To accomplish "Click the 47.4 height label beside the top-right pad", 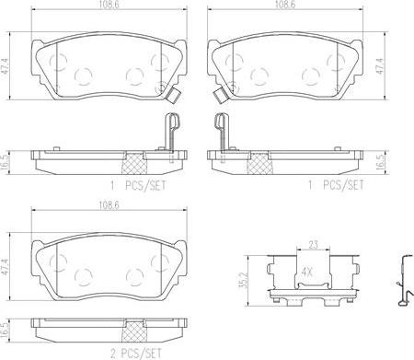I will (379, 66).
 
